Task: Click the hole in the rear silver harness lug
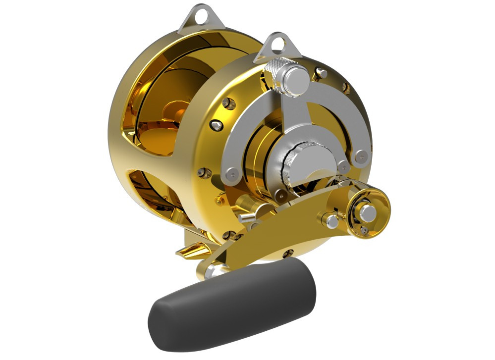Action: [200, 17]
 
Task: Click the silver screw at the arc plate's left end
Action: [231, 173]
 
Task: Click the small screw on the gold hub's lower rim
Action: [364, 231]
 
